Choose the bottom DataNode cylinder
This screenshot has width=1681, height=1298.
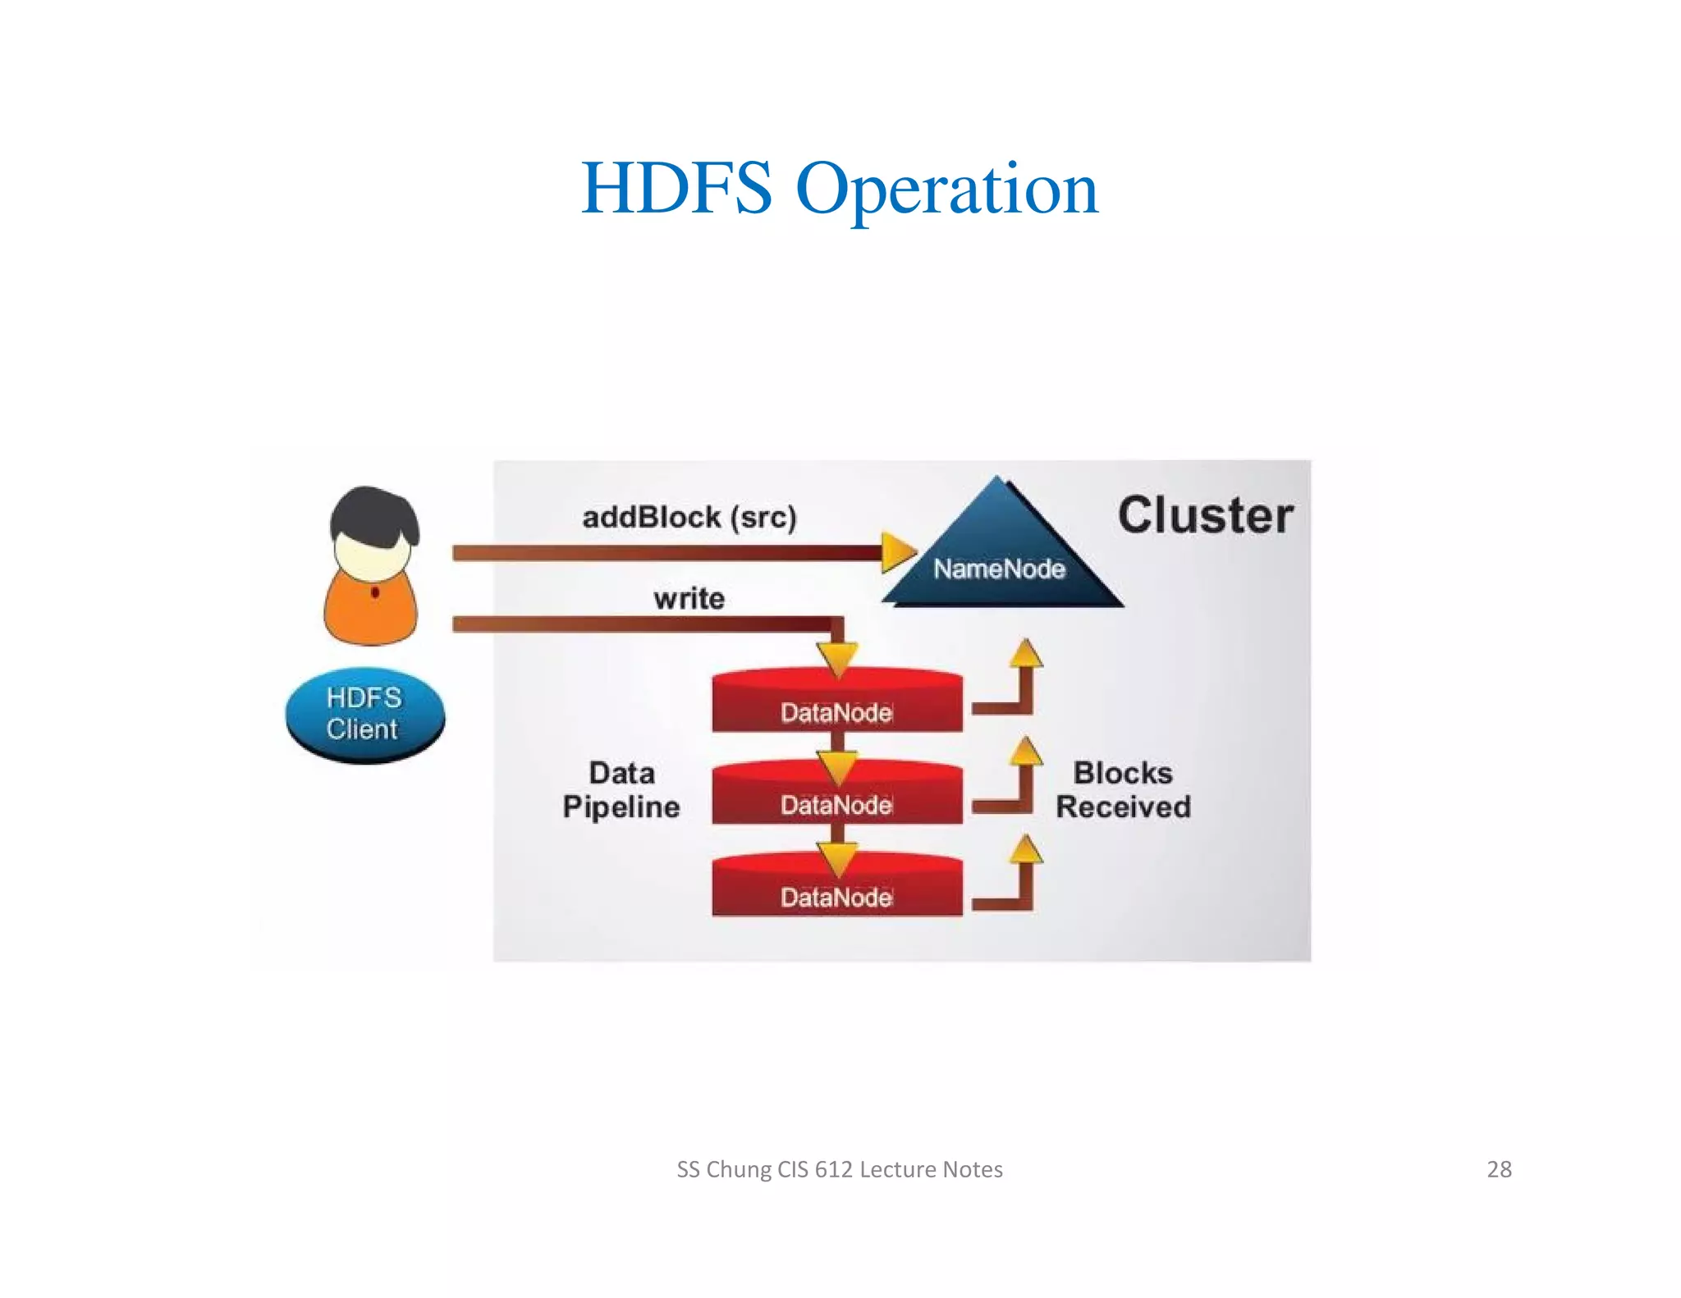(x=836, y=889)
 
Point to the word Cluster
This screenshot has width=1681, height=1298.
(x=1205, y=516)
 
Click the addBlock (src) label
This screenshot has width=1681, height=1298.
(x=689, y=518)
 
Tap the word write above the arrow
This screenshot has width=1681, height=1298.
(x=689, y=598)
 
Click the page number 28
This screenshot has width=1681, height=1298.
(x=1499, y=1169)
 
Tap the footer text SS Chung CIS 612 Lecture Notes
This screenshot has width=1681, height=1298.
(x=839, y=1169)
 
